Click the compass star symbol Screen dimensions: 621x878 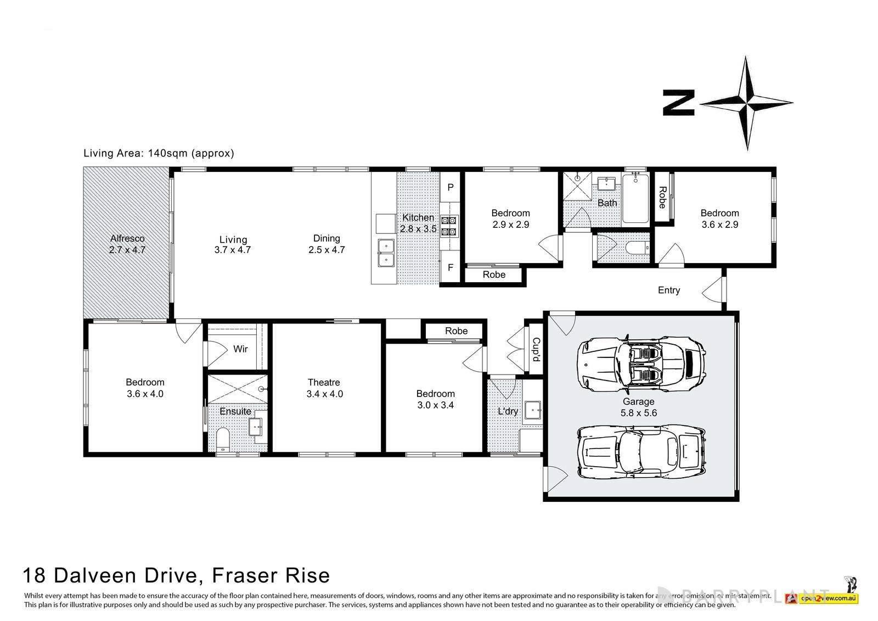(x=747, y=103)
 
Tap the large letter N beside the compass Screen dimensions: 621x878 (x=679, y=103)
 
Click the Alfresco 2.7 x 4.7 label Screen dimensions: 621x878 (x=127, y=244)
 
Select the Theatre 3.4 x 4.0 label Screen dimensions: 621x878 (x=324, y=388)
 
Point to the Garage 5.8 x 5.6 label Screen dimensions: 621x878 (x=638, y=407)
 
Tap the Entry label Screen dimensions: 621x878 (x=668, y=290)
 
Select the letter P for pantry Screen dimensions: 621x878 (x=451, y=187)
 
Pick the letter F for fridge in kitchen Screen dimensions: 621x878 (x=451, y=268)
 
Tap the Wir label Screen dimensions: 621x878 (x=240, y=349)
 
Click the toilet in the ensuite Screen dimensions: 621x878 (x=223, y=439)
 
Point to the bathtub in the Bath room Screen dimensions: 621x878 (x=635, y=198)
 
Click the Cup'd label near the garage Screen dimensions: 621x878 (x=536, y=349)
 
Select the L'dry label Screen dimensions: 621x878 (x=508, y=411)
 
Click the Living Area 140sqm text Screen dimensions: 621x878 (x=159, y=153)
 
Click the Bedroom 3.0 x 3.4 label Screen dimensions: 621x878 (x=435, y=399)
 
